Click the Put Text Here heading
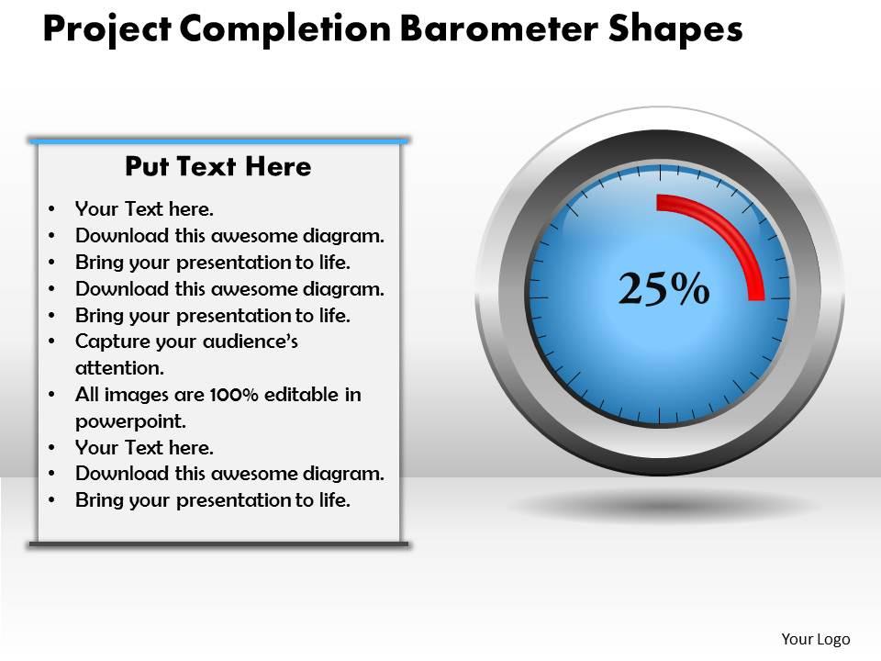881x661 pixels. (217, 166)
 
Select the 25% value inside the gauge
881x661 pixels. (664, 288)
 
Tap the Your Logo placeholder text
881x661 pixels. (815, 639)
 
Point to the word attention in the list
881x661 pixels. (118, 368)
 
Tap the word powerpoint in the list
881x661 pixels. (130, 421)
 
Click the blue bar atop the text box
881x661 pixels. (218, 140)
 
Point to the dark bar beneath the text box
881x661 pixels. (218, 544)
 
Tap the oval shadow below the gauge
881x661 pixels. (661, 506)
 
